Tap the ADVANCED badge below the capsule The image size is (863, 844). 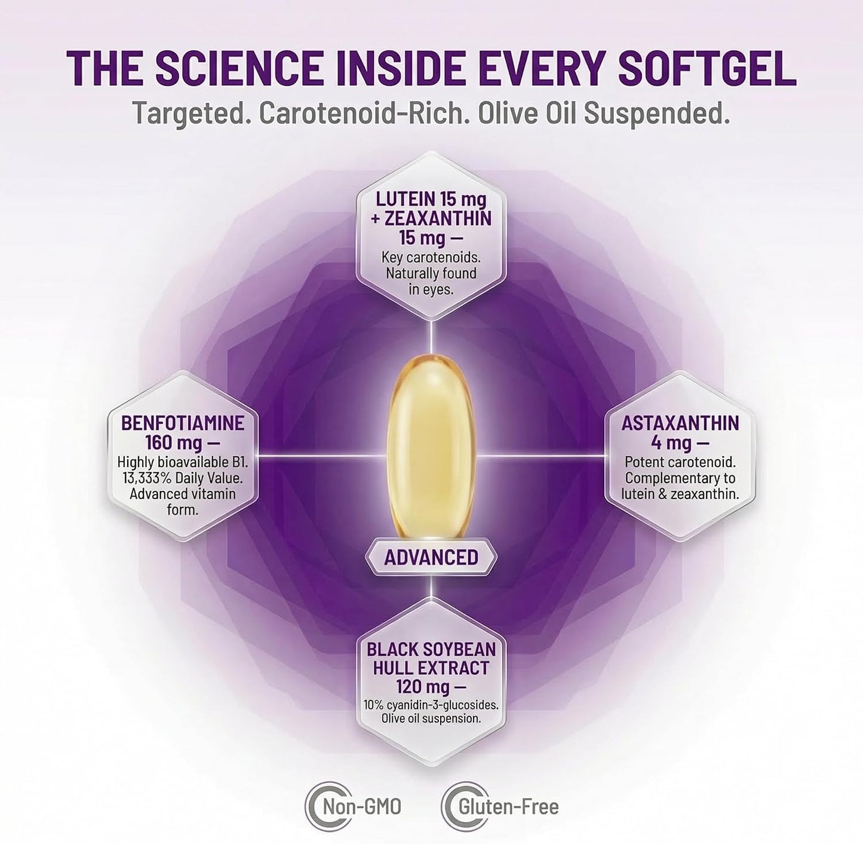click(431, 557)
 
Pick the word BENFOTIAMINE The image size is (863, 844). click(183, 423)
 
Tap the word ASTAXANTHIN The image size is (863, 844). click(680, 423)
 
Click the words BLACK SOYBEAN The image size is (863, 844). click(431, 650)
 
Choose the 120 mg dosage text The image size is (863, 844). click(423, 687)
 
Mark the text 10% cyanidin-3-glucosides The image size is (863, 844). click(431, 705)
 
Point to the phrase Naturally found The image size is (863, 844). click(431, 273)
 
